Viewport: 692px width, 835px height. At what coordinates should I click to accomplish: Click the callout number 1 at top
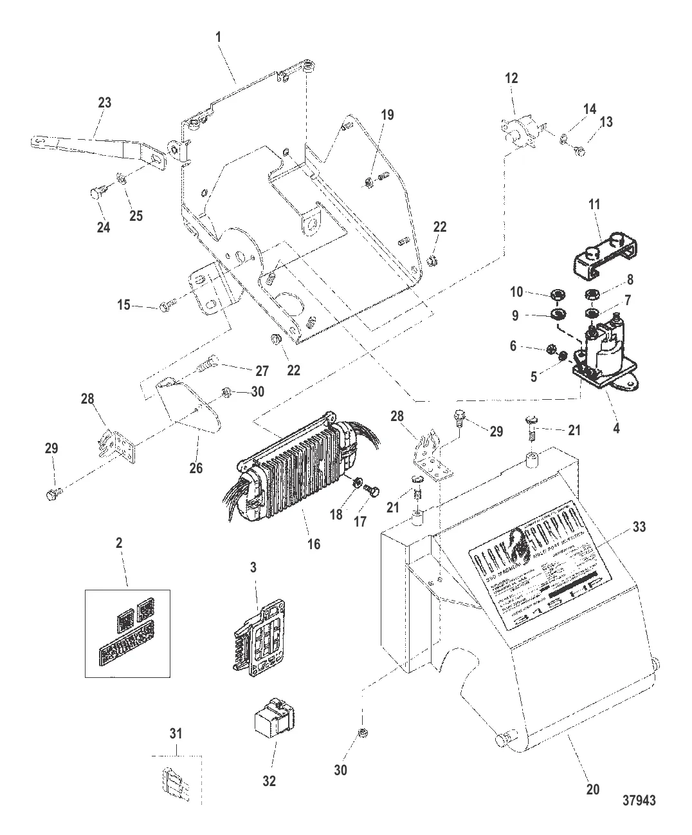point(219,37)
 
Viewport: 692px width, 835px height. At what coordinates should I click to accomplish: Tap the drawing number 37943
point(639,802)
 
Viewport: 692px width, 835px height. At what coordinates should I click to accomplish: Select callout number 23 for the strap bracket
point(104,102)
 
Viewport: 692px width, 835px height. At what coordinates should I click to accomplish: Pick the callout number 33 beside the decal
point(639,527)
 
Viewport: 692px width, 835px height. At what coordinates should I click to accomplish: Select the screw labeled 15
point(165,308)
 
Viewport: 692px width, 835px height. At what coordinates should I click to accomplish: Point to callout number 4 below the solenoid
point(616,427)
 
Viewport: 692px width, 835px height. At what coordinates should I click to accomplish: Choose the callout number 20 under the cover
point(592,789)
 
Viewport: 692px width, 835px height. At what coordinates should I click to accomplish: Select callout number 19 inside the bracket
point(387,115)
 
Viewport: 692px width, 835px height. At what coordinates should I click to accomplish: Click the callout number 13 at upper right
point(606,122)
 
